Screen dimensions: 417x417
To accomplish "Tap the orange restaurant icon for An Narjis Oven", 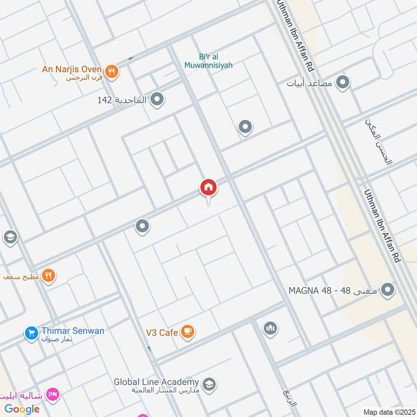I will click(111, 72).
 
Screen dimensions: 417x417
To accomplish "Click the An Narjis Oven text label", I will click(72, 68).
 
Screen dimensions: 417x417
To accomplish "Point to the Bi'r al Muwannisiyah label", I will click(208, 61).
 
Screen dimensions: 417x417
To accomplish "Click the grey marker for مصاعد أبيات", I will click(342, 82).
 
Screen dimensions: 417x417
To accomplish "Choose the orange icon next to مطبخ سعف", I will click(49, 275).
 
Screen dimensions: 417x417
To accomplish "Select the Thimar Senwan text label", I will click(73, 331).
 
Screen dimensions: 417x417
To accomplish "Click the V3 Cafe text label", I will click(162, 333).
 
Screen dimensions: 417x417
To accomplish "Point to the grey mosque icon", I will click(270, 328).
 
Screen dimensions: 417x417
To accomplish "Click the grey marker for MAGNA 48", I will click(387, 289).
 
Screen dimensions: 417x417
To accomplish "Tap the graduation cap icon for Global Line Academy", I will click(209, 385).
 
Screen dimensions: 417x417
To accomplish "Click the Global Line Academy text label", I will click(157, 382).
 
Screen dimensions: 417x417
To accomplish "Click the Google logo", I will click(22, 409).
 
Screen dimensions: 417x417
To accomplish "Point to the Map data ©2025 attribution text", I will click(388, 412).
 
